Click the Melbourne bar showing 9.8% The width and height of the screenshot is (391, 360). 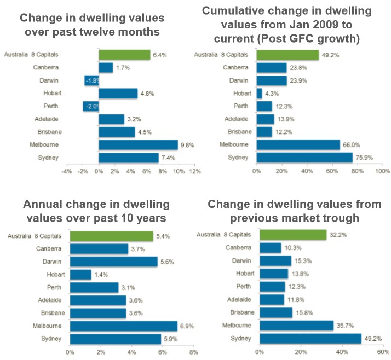pos(138,145)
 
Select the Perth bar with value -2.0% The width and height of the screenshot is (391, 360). pos(91,106)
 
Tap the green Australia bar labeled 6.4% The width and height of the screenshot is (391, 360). pos(124,55)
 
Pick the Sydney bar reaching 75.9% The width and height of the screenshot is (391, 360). pos(304,158)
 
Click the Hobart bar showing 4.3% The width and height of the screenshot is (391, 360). pos(259,94)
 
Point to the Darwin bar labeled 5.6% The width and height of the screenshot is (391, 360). pos(113,262)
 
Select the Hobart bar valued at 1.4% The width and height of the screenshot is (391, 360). pos(81,274)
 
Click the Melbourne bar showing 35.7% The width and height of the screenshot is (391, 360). pos(296,326)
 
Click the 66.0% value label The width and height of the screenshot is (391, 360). pos(350,144)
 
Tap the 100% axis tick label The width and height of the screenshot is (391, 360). pos(382,171)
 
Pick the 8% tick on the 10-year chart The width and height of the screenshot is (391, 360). pos(193,352)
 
